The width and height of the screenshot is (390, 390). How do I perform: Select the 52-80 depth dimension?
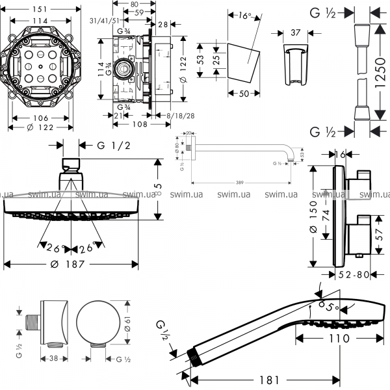coord(354,275)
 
